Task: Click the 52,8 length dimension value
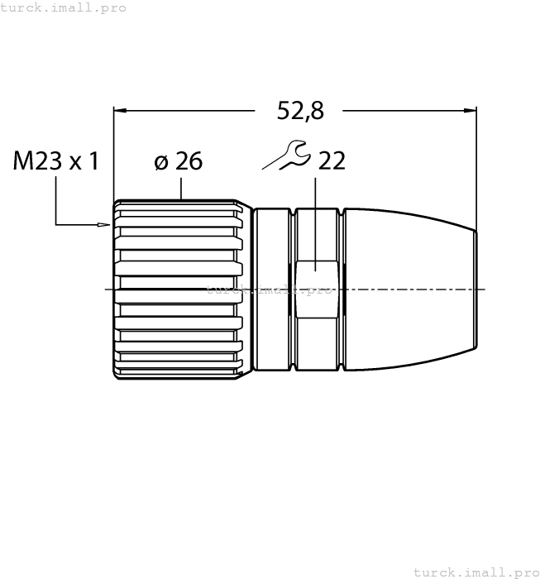tap(299, 110)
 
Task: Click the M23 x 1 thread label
tap(56, 160)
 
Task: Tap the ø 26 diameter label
tap(178, 160)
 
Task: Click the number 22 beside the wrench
tap(331, 160)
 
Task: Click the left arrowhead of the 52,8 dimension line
tap(120, 109)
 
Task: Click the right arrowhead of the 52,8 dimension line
tap(471, 109)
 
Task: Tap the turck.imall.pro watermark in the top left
tap(64, 7)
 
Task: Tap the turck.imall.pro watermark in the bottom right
tap(475, 572)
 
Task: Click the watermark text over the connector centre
tap(269, 290)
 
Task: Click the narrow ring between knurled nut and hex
tap(274, 289)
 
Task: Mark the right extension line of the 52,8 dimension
tap(477, 165)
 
